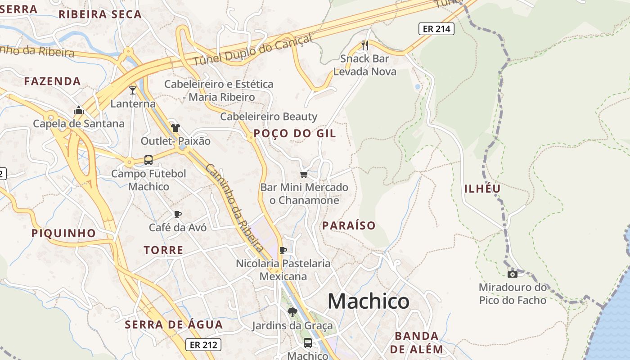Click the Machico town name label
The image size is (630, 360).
(x=368, y=301)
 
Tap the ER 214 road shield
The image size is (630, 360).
(x=436, y=29)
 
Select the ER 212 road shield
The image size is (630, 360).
(x=203, y=345)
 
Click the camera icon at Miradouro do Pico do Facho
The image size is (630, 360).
(x=512, y=274)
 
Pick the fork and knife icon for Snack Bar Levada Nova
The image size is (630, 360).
(x=365, y=45)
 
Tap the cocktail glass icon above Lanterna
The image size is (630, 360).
(x=133, y=90)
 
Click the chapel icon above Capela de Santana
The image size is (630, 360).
(x=79, y=110)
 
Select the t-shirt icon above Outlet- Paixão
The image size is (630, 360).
(x=175, y=128)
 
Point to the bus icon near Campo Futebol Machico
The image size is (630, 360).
(x=148, y=160)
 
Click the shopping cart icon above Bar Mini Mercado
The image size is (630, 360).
(x=304, y=174)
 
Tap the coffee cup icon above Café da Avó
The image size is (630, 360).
(x=178, y=214)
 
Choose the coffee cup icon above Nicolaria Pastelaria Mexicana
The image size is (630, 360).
(x=283, y=250)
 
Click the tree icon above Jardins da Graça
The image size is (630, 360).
(x=292, y=312)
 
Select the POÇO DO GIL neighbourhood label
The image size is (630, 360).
(x=295, y=134)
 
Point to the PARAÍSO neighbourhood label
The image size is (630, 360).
(x=349, y=226)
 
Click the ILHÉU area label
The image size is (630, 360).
(x=482, y=189)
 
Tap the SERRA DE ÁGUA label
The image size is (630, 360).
(x=174, y=325)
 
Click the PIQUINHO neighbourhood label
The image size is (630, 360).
(x=63, y=233)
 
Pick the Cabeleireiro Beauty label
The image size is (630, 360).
(x=269, y=117)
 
